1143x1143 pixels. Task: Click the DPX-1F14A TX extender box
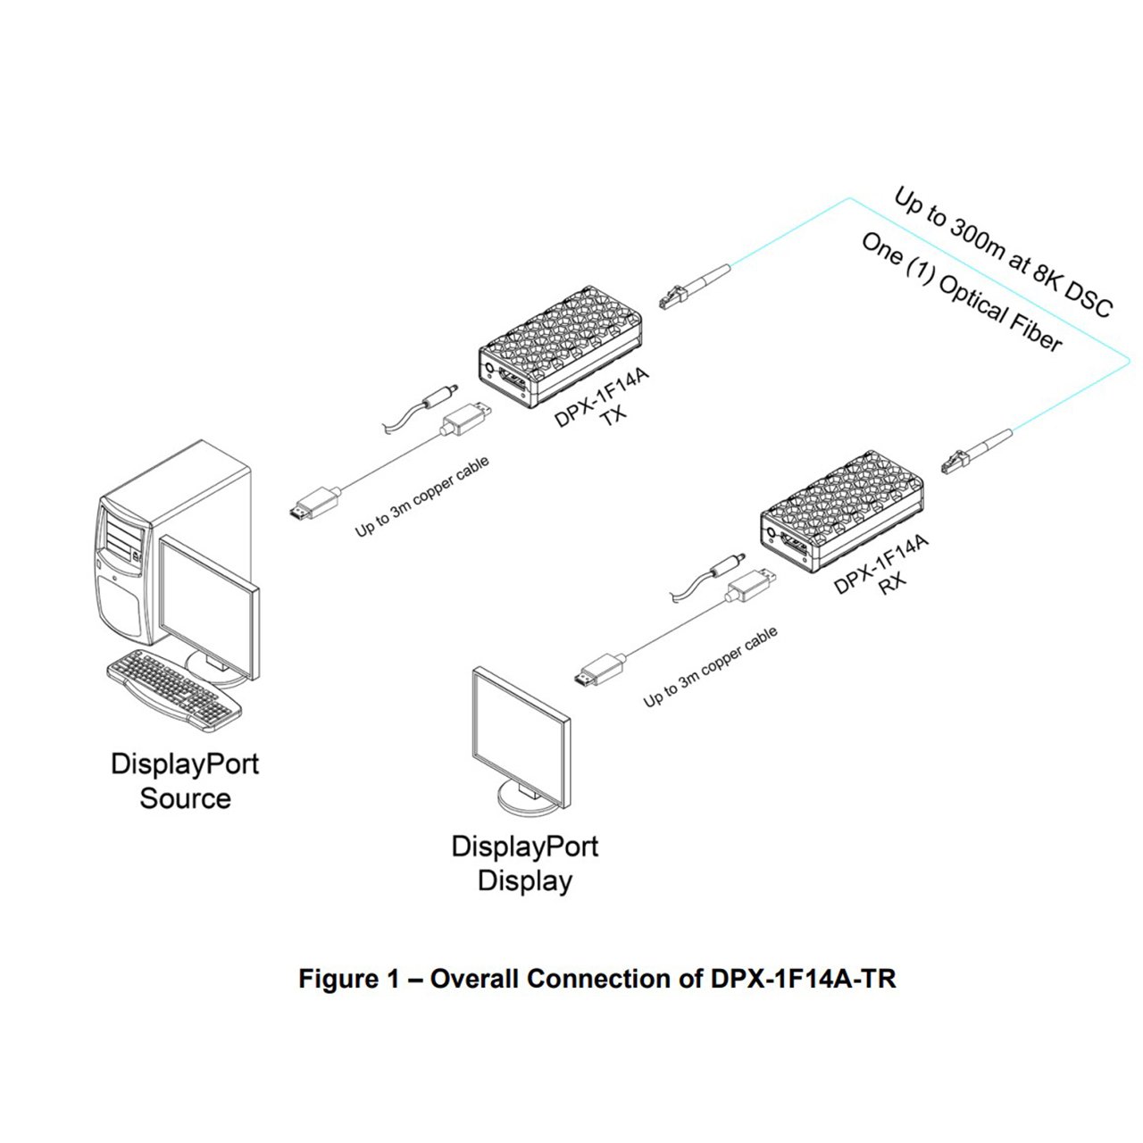pyautogui.click(x=560, y=347)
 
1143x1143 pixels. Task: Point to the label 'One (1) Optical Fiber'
pyautogui.click(x=961, y=292)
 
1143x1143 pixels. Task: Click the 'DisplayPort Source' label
pyautogui.click(x=185, y=780)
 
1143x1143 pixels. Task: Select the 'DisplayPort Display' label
pyautogui.click(x=524, y=863)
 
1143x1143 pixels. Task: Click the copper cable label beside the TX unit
pyautogui.click(x=421, y=497)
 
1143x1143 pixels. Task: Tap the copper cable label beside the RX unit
pyautogui.click(x=710, y=667)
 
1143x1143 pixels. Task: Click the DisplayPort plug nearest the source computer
pyautogui.click(x=313, y=504)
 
